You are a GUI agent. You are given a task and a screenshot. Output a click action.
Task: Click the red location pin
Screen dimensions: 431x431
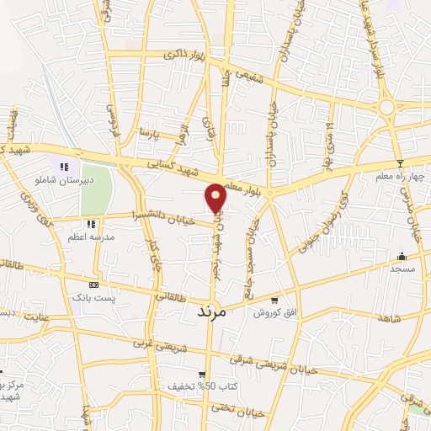[x=215, y=198]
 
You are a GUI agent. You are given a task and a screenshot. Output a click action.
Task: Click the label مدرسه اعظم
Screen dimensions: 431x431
[x=90, y=238]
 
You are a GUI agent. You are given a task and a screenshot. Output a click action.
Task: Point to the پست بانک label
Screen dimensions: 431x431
[x=93, y=298]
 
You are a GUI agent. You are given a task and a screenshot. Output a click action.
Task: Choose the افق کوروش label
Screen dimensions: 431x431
[x=274, y=312]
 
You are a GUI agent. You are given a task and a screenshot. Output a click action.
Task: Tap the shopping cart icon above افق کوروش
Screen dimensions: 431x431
[x=274, y=300]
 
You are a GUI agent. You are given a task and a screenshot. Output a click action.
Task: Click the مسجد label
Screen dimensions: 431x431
[x=402, y=268]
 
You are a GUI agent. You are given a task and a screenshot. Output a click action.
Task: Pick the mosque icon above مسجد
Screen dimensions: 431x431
[x=402, y=256]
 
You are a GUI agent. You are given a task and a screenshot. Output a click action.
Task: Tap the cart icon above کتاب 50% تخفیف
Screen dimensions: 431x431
[x=202, y=375]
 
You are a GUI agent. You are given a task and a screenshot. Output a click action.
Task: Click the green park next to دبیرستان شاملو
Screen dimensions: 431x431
[x=96, y=190]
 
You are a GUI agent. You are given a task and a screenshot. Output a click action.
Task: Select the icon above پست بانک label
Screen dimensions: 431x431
[x=93, y=285]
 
